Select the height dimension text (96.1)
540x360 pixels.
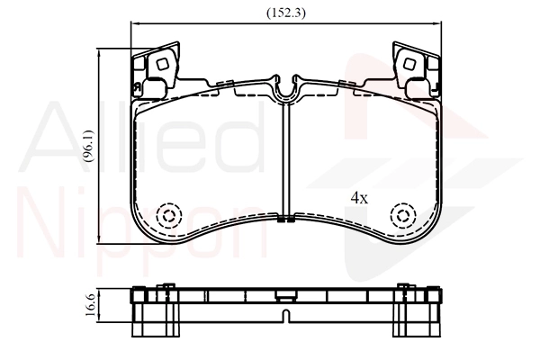coord(87,145)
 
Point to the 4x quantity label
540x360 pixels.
coord(359,198)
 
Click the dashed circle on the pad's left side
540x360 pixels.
coord(167,216)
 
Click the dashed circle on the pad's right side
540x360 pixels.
coord(402,216)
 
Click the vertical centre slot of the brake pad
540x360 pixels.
coord(285,162)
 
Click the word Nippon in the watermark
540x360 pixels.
coord(144,225)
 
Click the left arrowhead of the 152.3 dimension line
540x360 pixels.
coord(135,25)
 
